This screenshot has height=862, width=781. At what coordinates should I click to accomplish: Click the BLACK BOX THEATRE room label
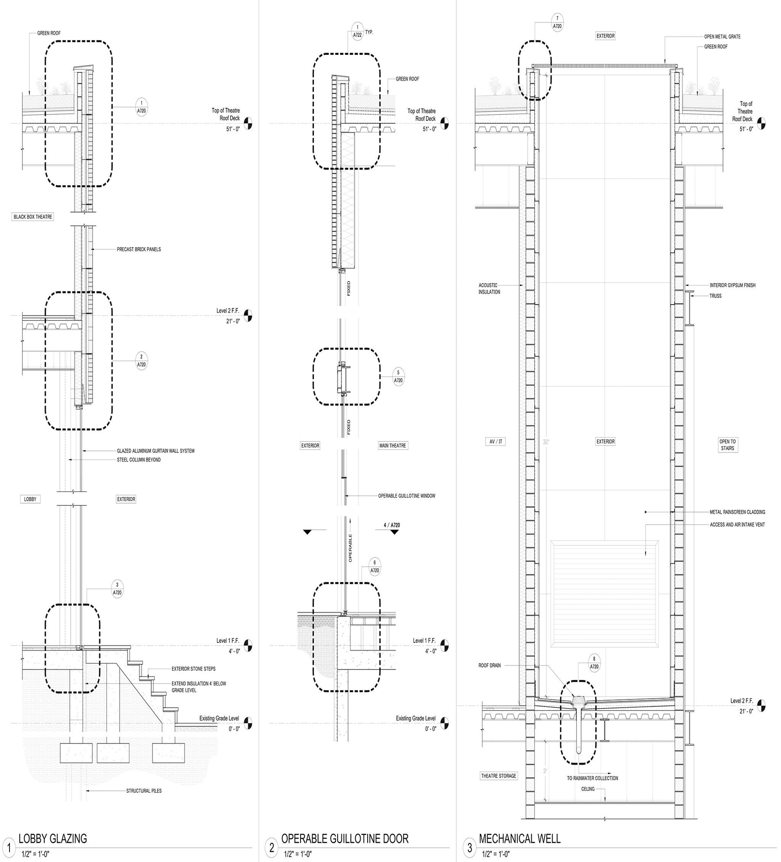click(32, 217)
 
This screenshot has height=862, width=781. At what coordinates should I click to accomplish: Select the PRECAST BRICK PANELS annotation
click(139, 249)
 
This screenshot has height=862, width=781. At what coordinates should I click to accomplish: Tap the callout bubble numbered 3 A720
click(117, 589)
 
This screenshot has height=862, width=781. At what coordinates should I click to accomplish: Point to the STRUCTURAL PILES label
click(144, 791)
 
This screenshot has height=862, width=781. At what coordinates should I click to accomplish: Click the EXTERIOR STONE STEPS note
click(193, 669)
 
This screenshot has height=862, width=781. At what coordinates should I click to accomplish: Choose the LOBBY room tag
click(30, 499)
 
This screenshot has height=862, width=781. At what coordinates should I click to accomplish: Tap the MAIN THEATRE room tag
click(392, 445)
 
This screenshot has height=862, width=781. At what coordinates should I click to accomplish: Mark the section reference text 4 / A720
click(392, 525)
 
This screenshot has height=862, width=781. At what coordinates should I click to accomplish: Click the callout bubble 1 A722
click(357, 31)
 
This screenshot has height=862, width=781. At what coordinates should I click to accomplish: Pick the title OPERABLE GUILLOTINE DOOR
click(344, 838)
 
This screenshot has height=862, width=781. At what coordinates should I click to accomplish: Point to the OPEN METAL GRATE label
click(722, 37)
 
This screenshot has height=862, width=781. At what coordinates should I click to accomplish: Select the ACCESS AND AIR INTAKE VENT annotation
click(737, 525)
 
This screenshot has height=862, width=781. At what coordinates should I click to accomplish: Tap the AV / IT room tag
click(496, 442)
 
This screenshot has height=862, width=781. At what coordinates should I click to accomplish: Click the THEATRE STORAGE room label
click(498, 775)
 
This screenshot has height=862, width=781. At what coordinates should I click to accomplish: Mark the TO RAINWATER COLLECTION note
click(592, 778)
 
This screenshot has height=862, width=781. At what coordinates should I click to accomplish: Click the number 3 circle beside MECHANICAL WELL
click(469, 847)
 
